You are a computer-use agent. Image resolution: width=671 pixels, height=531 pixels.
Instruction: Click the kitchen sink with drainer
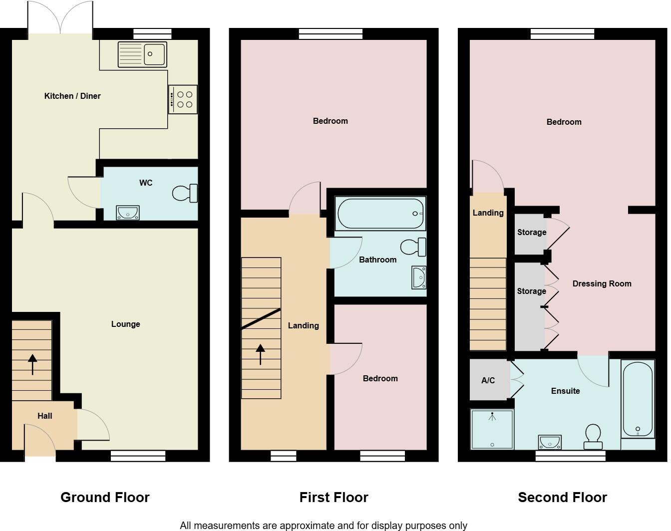point(142,54)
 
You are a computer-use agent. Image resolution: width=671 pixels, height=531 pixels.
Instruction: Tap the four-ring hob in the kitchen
point(183,99)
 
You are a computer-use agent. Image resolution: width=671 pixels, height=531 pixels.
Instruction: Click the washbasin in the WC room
point(128,213)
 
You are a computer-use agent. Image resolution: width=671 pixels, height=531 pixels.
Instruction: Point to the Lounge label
point(125,324)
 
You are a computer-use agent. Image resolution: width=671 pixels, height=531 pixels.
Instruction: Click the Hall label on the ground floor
point(44,416)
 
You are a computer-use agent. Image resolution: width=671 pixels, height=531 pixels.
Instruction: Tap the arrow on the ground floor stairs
point(32,364)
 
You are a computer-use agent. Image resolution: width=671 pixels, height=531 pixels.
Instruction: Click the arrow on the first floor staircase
point(260,354)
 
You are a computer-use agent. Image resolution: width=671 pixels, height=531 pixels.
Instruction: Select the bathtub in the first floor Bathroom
point(380,214)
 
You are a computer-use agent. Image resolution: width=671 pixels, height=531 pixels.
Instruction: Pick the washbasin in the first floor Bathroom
point(419,277)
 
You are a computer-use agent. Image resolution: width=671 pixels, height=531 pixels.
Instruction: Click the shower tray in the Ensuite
point(492,429)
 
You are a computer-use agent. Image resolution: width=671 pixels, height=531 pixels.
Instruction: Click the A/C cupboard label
point(488,381)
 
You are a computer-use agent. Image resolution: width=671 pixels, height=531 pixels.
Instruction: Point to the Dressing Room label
point(602,284)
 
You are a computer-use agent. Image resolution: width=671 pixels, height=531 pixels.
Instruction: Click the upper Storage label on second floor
point(531,233)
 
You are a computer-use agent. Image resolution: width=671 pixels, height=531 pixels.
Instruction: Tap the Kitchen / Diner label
point(72,96)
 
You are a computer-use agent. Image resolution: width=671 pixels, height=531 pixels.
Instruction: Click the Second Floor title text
point(562,498)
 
